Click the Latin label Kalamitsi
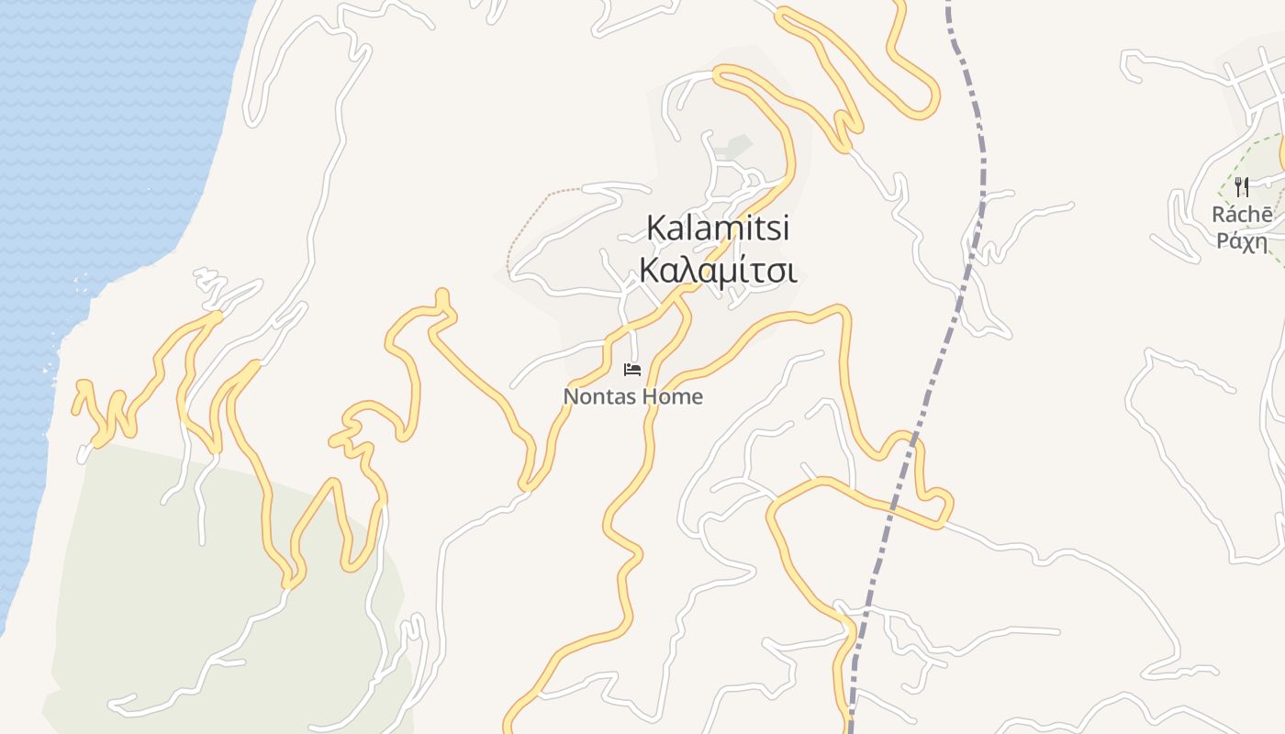(x=718, y=228)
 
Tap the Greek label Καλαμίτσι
(x=718, y=272)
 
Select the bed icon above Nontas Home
(x=631, y=370)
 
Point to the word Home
(x=673, y=397)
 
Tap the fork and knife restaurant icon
(x=1242, y=187)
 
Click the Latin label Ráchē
(x=1242, y=216)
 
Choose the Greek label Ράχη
(x=1242, y=242)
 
